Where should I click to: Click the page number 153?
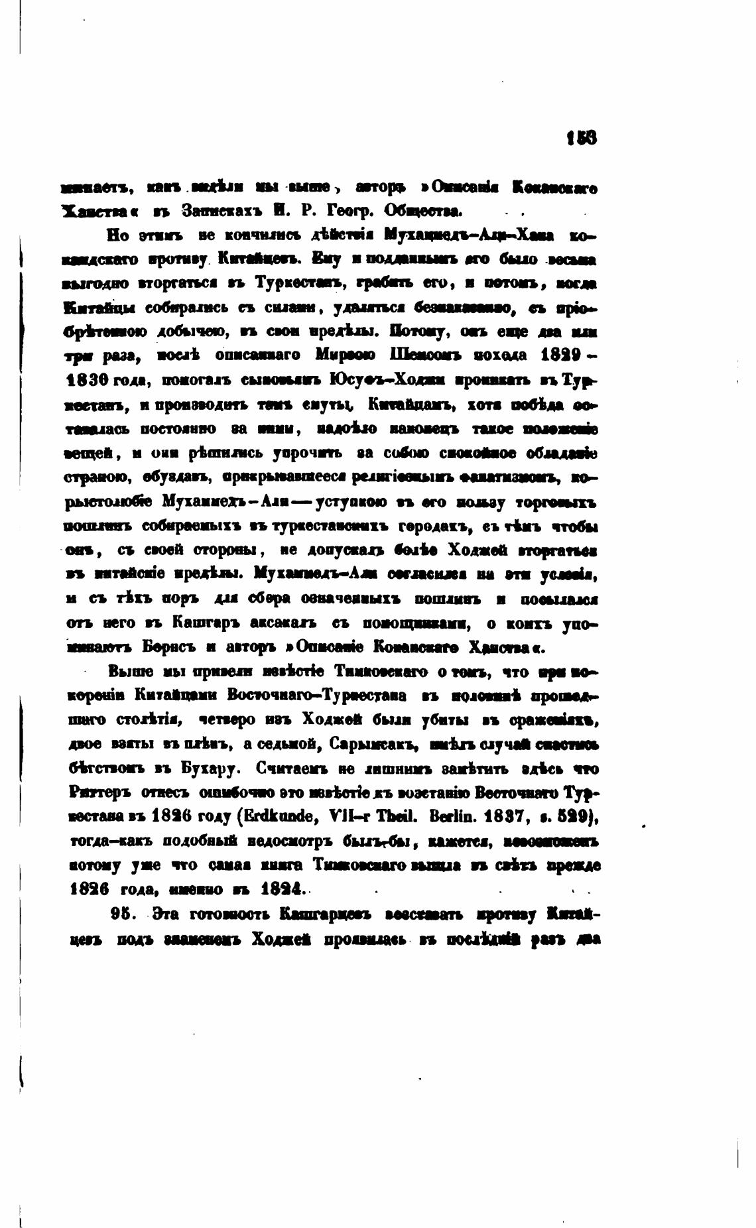coord(581,137)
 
